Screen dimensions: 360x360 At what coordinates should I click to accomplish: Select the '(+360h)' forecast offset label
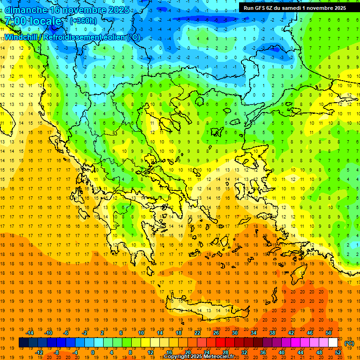click(83, 21)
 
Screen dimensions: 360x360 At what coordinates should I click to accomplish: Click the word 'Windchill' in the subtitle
click(22, 37)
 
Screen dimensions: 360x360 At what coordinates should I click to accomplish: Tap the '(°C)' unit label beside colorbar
click(349, 343)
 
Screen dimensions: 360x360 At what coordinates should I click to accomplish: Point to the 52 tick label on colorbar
click(338, 352)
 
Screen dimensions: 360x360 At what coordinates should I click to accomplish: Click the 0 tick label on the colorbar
click(93, 352)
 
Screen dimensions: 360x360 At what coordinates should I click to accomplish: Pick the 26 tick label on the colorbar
click(216, 333)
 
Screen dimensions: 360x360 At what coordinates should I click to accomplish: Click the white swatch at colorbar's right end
click(333, 343)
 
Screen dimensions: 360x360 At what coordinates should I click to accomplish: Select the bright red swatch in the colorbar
click(220, 343)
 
